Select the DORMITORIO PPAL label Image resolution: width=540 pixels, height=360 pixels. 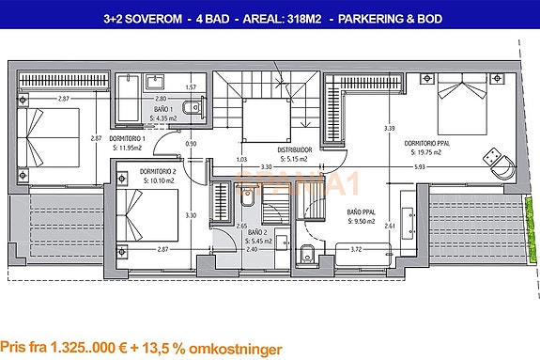(x=428, y=144)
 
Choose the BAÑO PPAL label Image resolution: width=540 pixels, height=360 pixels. (x=362, y=212)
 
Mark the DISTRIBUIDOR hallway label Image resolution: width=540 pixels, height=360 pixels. (x=294, y=149)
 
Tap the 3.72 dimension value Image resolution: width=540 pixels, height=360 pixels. (x=356, y=249)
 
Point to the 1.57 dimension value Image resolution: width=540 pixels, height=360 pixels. (x=190, y=87)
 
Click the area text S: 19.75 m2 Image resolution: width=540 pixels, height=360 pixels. (x=428, y=152)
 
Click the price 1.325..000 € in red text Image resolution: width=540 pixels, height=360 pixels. (x=90, y=348)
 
